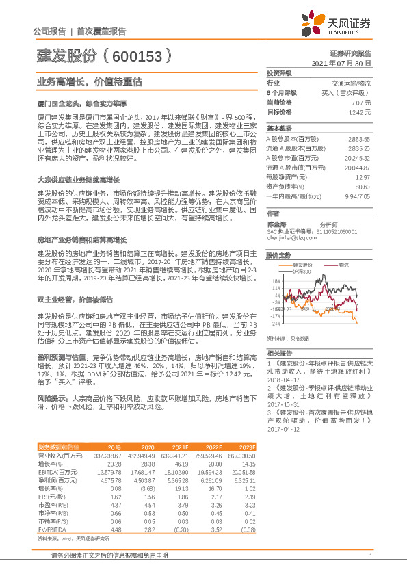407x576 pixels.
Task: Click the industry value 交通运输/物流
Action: tap(352, 82)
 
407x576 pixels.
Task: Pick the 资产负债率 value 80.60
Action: tap(362, 185)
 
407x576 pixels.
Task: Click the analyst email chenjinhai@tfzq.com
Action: tap(291, 239)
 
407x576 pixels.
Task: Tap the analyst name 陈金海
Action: tap(275, 224)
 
